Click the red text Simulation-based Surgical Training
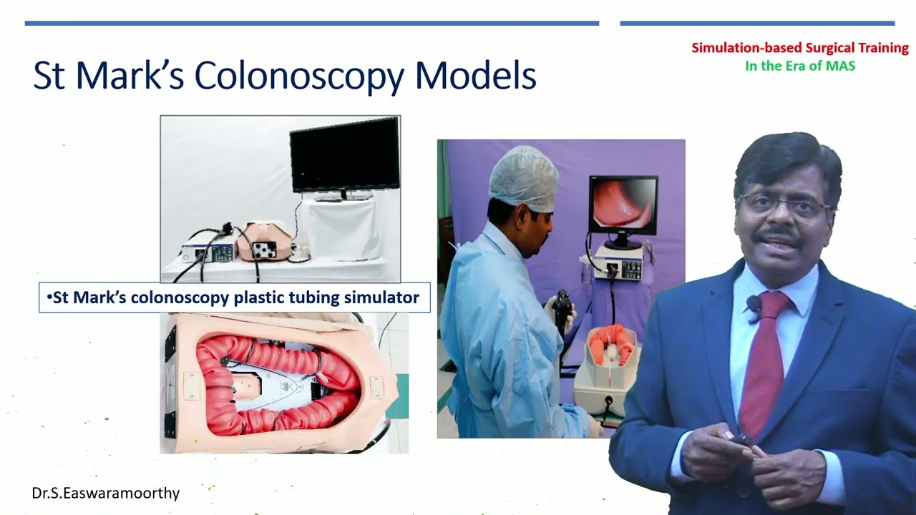point(799,49)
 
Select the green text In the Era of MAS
point(799,66)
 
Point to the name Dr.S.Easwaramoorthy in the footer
point(105,493)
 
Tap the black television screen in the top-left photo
point(344,154)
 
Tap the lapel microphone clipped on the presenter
point(753,305)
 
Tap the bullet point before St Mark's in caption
point(49,298)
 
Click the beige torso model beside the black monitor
point(265,242)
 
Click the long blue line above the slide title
point(311,24)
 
